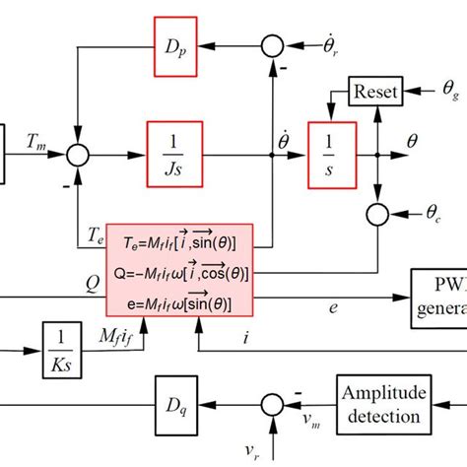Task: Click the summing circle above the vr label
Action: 269,403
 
